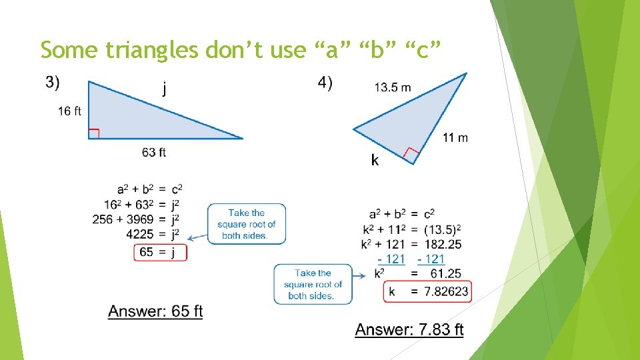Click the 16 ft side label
coord(69,111)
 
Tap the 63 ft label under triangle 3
coord(154,153)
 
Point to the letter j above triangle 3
coord(164,89)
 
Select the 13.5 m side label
coord(393,87)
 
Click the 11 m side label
coord(455,138)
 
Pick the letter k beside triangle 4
coord(375,160)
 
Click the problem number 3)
coord(53,83)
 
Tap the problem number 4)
coord(325,83)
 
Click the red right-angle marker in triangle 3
coord(94,133)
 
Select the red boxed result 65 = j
coord(160,252)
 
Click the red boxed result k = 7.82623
coord(427,291)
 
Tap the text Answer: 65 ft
coord(155,311)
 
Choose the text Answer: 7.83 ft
coord(409,329)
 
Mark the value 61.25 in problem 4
coord(446,273)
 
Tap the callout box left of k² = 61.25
coord(313,284)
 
